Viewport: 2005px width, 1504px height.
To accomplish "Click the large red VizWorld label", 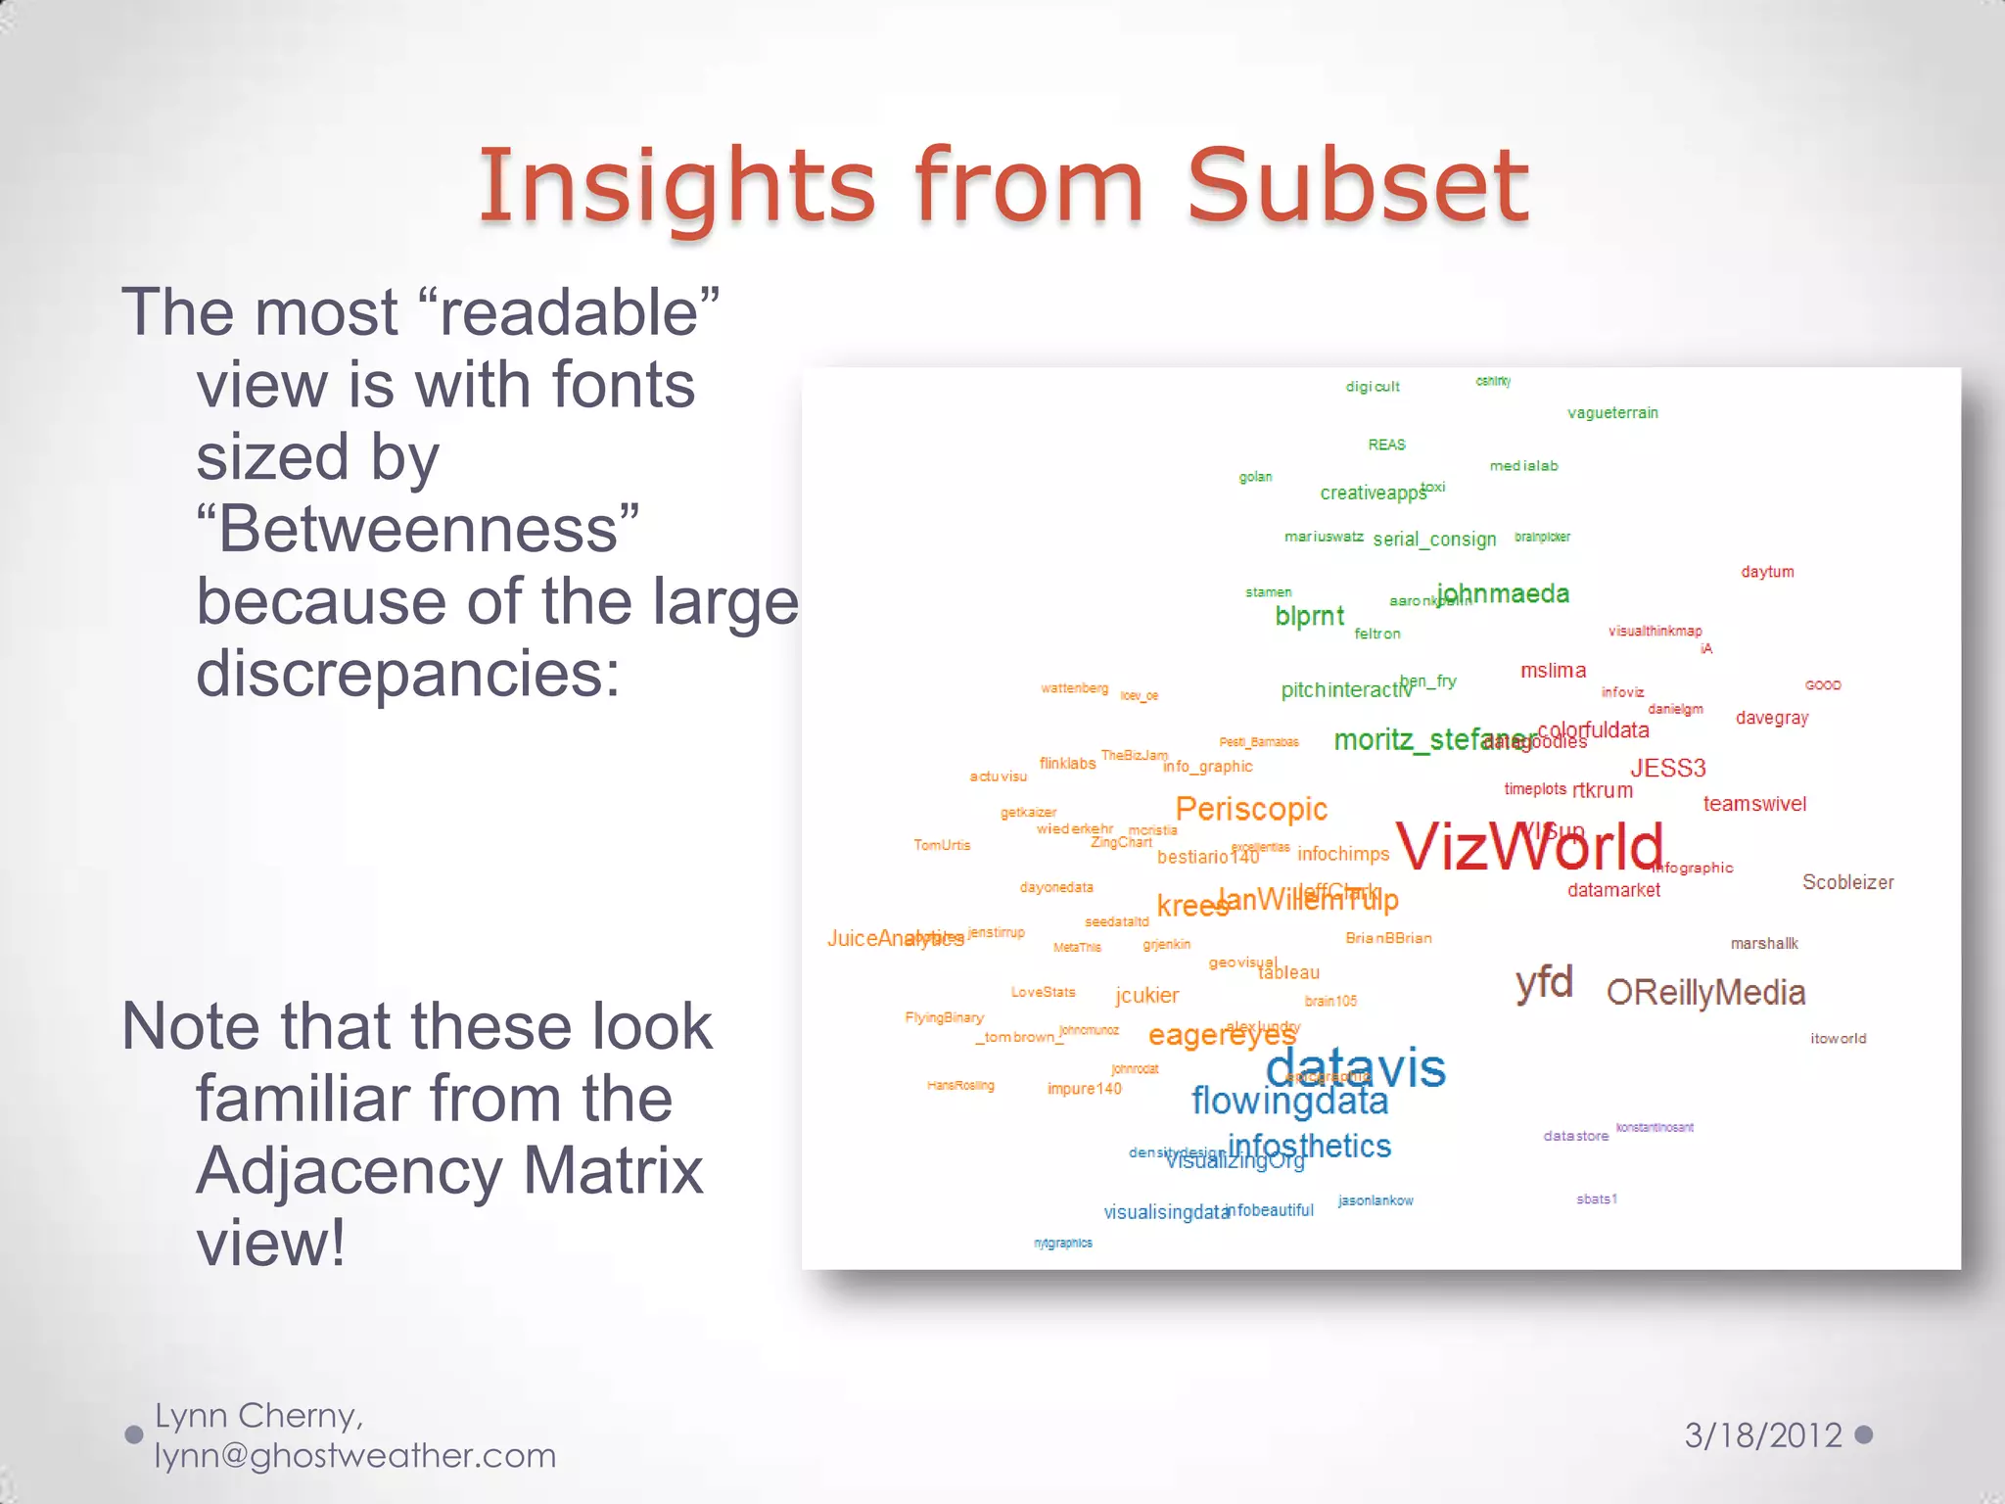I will [x=1529, y=846].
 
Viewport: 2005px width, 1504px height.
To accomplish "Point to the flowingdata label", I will [x=1289, y=1102].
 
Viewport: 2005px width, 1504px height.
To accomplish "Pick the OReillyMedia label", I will [x=1705, y=993].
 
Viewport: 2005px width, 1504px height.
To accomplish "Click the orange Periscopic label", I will [x=1251, y=809].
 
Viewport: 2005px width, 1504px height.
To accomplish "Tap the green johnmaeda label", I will [x=1503, y=593].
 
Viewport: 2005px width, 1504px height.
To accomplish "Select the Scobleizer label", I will [x=1847, y=882].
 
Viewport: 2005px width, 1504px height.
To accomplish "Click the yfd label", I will [x=1544, y=982].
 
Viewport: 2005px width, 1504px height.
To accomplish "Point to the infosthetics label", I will [x=1309, y=1146].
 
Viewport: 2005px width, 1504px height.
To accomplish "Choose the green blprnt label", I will [x=1309, y=617].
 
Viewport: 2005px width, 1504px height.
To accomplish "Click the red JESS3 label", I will [x=1667, y=769].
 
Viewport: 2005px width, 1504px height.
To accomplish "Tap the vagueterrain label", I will [x=1612, y=413].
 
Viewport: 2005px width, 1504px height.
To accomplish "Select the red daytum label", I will [x=1767, y=572].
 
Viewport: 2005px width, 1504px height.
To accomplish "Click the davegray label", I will [x=1772, y=718].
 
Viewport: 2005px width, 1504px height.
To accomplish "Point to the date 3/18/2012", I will [x=1763, y=1435].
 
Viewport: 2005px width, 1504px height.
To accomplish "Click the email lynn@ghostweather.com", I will [x=354, y=1456].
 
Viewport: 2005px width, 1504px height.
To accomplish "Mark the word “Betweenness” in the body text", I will [x=418, y=530].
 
